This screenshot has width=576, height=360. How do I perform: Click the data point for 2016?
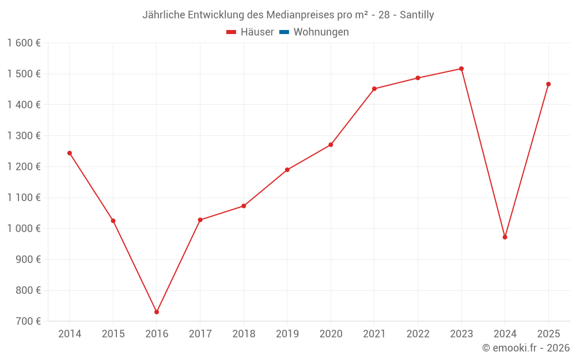click(157, 312)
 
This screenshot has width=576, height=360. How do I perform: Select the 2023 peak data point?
click(461, 69)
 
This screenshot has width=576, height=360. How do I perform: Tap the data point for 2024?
click(505, 237)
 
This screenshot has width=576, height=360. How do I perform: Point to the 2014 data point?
click(70, 153)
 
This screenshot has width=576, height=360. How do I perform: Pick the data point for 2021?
click(374, 89)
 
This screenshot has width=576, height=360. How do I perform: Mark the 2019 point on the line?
click(287, 170)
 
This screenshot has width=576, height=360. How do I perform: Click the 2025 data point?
click(548, 84)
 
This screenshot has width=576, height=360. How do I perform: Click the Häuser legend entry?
click(250, 32)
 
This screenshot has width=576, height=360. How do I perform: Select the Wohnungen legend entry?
click(314, 32)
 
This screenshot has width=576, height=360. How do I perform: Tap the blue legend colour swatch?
click(285, 32)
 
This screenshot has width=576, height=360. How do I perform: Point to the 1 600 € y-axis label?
click(24, 43)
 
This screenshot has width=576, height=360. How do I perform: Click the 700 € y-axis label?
click(28, 321)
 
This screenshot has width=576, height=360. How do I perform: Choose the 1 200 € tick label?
click(24, 167)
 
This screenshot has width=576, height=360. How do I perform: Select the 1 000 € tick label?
click(24, 229)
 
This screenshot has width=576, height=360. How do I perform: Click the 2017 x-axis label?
click(200, 334)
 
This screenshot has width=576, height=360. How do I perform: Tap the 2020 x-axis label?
click(331, 334)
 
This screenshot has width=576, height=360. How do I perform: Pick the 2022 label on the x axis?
click(418, 334)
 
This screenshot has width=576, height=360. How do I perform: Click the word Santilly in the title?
click(417, 15)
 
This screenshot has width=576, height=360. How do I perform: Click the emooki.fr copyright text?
click(526, 347)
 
